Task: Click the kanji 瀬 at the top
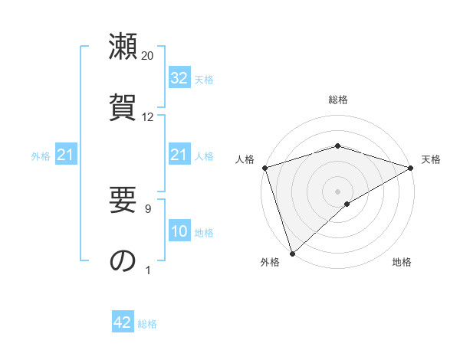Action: (x=123, y=47)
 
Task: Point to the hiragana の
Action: (x=123, y=260)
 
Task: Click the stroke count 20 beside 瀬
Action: (x=148, y=56)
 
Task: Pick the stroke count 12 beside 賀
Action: (x=148, y=117)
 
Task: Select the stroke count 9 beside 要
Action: (x=148, y=208)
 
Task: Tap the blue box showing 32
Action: (x=179, y=78)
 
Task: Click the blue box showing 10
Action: (x=179, y=232)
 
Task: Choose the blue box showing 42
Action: (x=123, y=322)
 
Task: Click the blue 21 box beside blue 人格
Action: (x=179, y=155)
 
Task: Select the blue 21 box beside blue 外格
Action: (x=66, y=155)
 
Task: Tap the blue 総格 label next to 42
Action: (x=147, y=324)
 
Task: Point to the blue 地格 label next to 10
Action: (x=204, y=233)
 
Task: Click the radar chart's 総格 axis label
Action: (x=338, y=100)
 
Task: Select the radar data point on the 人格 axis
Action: (x=264, y=167)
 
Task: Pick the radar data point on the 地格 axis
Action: (x=347, y=204)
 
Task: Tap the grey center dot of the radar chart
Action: (x=337, y=191)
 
